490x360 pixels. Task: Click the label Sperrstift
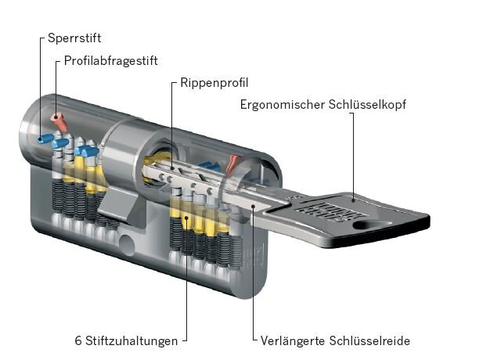click(74, 38)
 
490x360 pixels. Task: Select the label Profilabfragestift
click(117, 60)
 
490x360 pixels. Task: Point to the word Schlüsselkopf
click(368, 104)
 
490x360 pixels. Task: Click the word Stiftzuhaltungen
click(130, 340)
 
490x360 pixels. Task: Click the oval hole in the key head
click(373, 225)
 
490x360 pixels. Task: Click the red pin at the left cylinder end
click(58, 121)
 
